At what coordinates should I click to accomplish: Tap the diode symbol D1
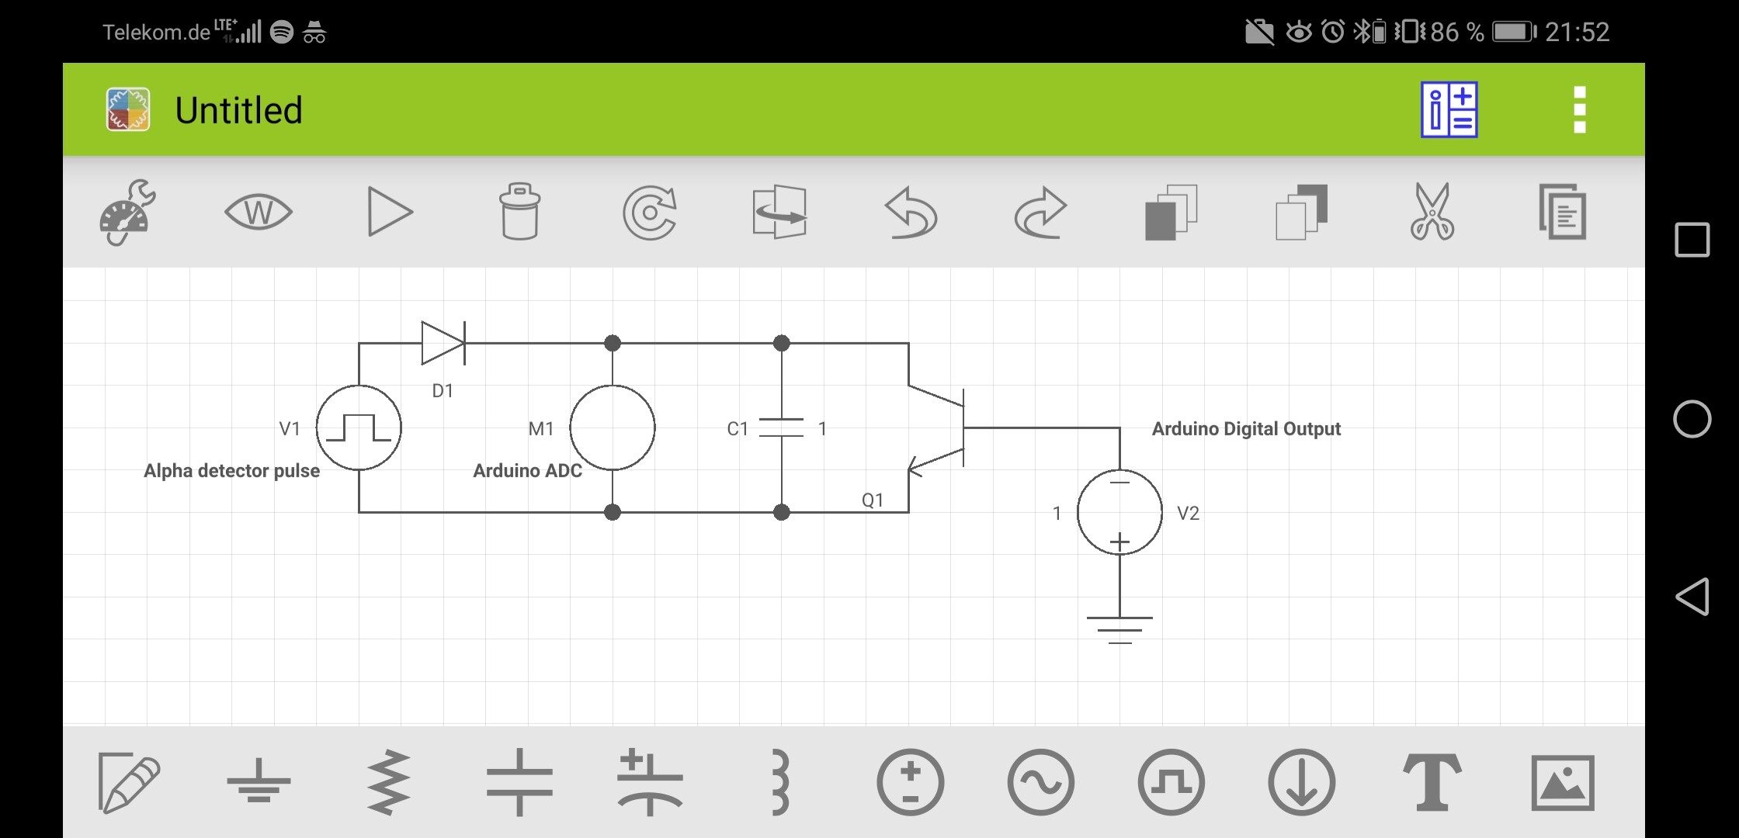(443, 343)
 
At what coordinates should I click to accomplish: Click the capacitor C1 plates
(781, 428)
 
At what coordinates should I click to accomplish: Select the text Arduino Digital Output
(1246, 429)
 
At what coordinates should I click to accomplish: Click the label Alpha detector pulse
(231, 471)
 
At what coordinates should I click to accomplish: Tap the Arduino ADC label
(528, 471)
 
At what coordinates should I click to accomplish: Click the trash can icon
(520, 211)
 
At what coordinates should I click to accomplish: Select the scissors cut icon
(1432, 211)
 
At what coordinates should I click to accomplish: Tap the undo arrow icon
(911, 212)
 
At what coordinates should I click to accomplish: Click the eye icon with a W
(259, 212)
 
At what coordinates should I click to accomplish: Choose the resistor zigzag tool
(389, 783)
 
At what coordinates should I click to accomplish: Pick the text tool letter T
(1432, 783)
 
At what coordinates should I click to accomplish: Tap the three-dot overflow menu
(1579, 110)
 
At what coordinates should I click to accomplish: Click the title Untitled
(238, 110)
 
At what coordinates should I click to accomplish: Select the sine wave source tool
(1040, 783)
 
